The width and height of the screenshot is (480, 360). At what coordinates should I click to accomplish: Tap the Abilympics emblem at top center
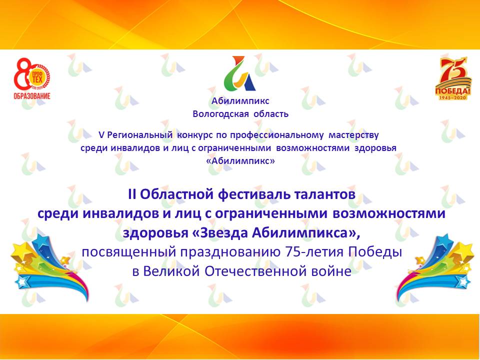pyautogui.click(x=240, y=74)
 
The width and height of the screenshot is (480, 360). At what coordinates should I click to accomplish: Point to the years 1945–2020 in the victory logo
pyautogui.click(x=453, y=97)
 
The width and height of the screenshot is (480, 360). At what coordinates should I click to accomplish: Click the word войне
pyautogui.click(x=330, y=271)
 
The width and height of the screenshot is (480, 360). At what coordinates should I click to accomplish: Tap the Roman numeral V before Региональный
pyautogui.click(x=102, y=135)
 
